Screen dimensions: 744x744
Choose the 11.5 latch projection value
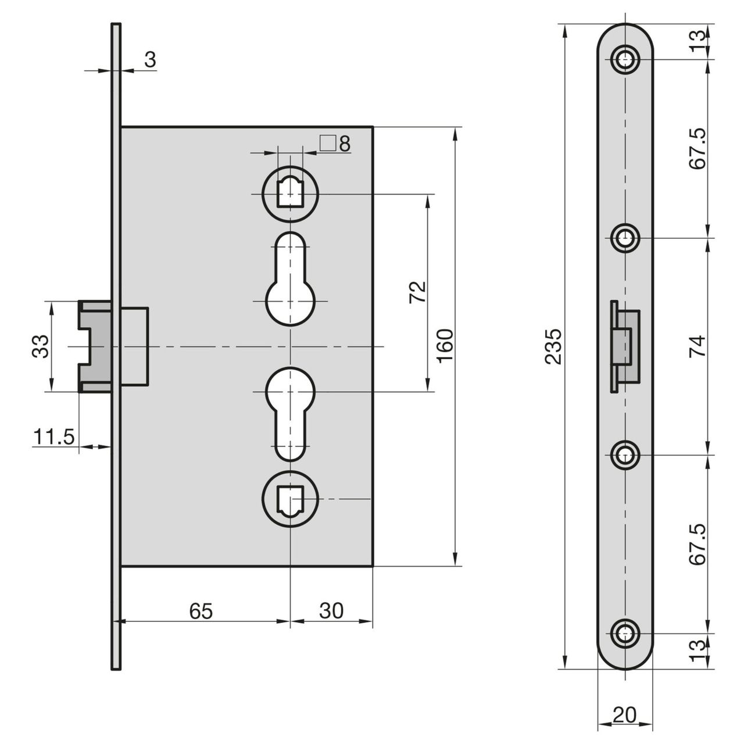tap(54, 436)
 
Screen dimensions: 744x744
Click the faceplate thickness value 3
tap(150, 60)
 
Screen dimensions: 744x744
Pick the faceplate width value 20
tap(624, 714)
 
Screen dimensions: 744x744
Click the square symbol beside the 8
tap(328, 143)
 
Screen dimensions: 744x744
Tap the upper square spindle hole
tap(290, 192)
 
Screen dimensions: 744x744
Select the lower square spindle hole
tap(290, 499)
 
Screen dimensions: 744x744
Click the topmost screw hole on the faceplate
tap(625, 58)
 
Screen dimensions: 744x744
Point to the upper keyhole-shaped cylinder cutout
tap(290, 279)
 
